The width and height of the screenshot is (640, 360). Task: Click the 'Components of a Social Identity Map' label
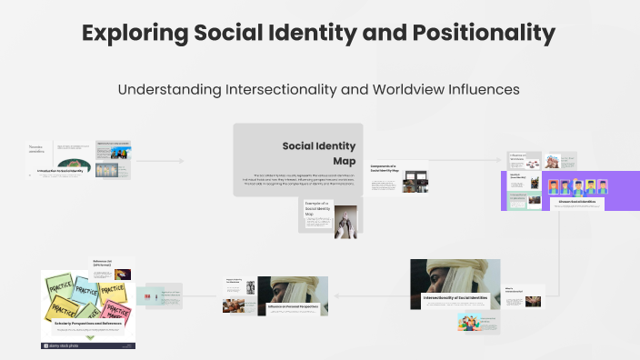click(x=386, y=169)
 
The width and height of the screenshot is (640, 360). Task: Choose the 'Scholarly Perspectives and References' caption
click(x=88, y=324)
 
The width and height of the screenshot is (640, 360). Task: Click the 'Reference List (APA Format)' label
click(x=105, y=263)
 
